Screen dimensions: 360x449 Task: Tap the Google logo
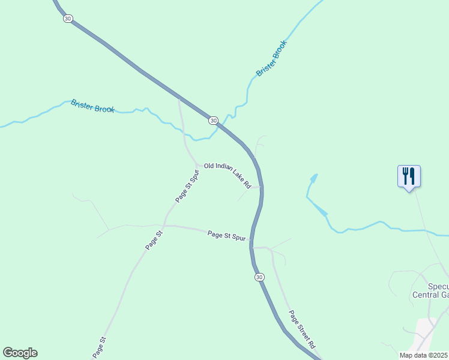[x=20, y=353]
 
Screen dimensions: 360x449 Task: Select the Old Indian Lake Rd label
[x=228, y=174]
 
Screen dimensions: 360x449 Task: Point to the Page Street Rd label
[x=301, y=329]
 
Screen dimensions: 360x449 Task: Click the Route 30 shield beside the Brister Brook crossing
[x=213, y=121]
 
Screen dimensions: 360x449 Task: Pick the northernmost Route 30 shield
[x=67, y=19]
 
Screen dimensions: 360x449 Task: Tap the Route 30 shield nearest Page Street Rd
[x=259, y=277]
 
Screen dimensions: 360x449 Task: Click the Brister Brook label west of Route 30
[x=92, y=106]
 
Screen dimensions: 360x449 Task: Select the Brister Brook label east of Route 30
[x=272, y=58]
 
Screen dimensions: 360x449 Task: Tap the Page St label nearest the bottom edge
[x=99, y=348]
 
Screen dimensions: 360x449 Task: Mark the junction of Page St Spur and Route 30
[x=252, y=247]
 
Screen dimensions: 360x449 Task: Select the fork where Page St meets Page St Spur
[x=164, y=226]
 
